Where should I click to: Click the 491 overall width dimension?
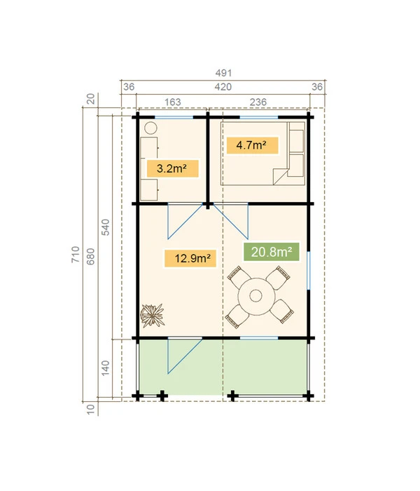point(223,73)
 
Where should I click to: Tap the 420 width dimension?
point(223,87)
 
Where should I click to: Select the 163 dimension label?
point(172,102)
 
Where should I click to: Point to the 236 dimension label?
point(258,102)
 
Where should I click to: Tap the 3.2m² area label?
point(171,168)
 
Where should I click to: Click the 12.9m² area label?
point(189,258)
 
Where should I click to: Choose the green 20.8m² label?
point(267,252)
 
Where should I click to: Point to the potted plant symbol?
point(152,315)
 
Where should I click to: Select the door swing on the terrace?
point(181,356)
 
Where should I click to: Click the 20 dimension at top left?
point(90,98)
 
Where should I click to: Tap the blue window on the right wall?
point(308,270)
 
